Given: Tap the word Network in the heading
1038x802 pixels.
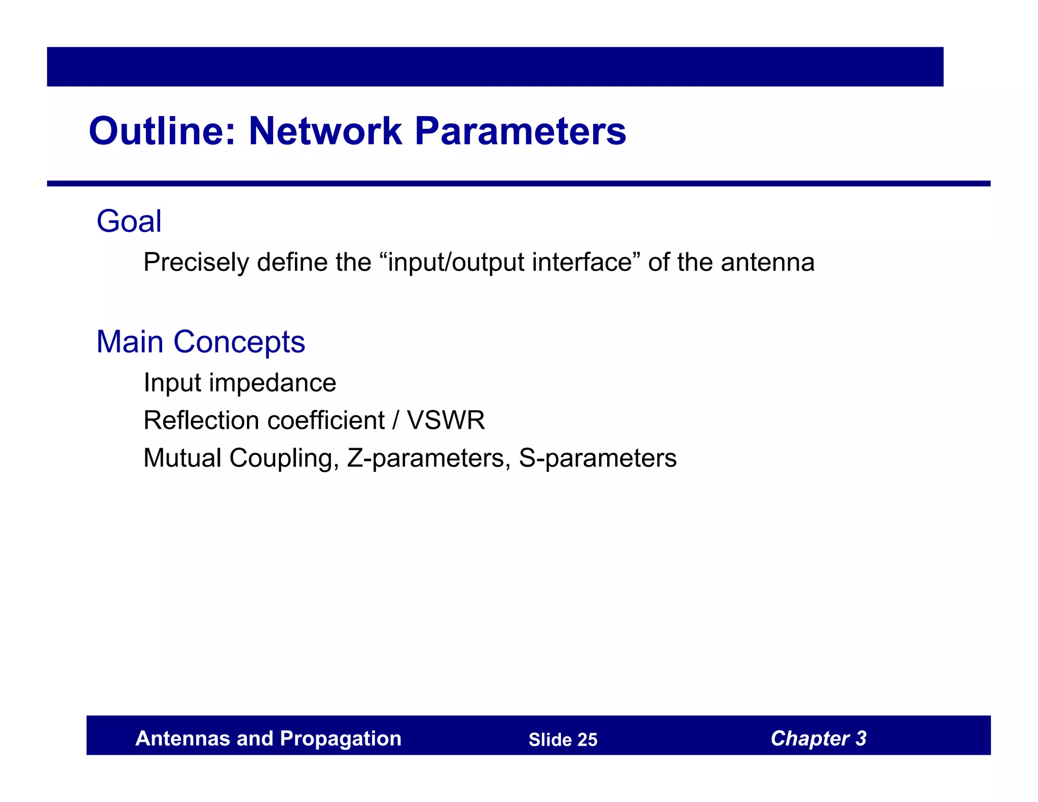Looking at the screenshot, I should pyautogui.click(x=325, y=131).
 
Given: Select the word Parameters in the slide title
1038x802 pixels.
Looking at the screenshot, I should pyautogui.click(x=521, y=131).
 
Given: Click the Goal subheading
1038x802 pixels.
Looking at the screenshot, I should pyautogui.click(x=129, y=222).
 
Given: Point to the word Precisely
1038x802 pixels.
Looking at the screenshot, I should pyautogui.click(x=196, y=263).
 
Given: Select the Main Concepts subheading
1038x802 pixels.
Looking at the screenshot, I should pyautogui.click(x=201, y=342).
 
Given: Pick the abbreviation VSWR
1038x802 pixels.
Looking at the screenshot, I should pyautogui.click(x=446, y=420).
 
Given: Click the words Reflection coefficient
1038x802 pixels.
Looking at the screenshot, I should pyautogui.click(x=264, y=420).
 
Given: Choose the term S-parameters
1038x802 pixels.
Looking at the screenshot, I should pyautogui.click(x=598, y=458).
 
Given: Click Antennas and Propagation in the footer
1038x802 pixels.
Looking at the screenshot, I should pyautogui.click(x=268, y=739).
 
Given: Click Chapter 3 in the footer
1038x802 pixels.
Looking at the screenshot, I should pyautogui.click(x=818, y=739).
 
